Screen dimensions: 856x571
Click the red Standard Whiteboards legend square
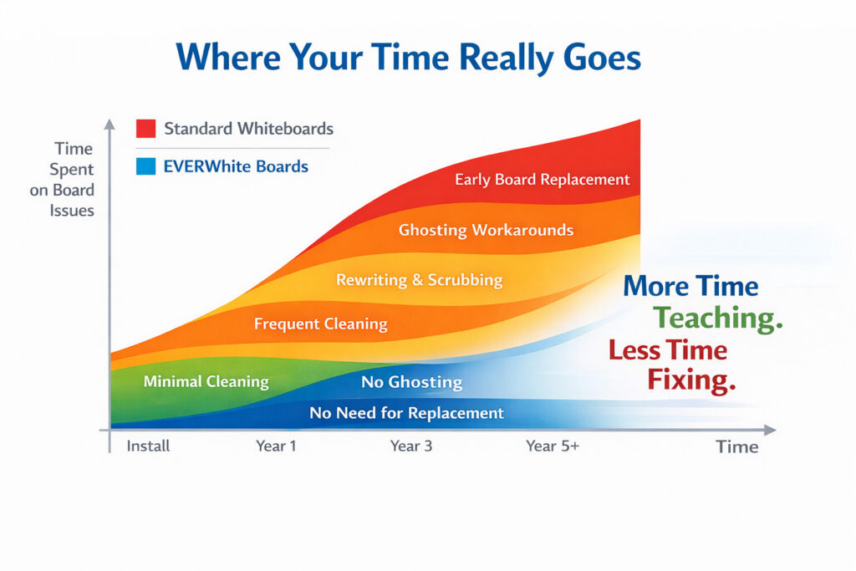(145, 128)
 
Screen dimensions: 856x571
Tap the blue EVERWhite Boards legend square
(145, 166)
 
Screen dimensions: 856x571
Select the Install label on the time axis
(148, 446)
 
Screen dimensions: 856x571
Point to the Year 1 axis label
(276, 446)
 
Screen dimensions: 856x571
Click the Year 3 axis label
(411, 446)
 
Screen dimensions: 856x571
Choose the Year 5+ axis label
(553, 446)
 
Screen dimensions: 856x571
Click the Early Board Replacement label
(542, 180)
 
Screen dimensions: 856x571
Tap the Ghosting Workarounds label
(486, 230)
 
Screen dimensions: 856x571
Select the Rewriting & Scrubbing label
(420, 280)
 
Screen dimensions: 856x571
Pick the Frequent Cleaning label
(320, 324)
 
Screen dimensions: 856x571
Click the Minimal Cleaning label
(206, 381)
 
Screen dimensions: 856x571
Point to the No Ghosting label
(411, 381)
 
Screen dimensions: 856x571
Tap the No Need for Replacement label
(406, 413)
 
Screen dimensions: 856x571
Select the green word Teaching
(718, 318)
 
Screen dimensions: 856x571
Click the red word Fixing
(691, 380)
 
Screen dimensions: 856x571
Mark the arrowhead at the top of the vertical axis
(110, 125)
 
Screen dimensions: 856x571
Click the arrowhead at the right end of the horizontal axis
(769, 431)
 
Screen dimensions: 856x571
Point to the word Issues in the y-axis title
(72, 211)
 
